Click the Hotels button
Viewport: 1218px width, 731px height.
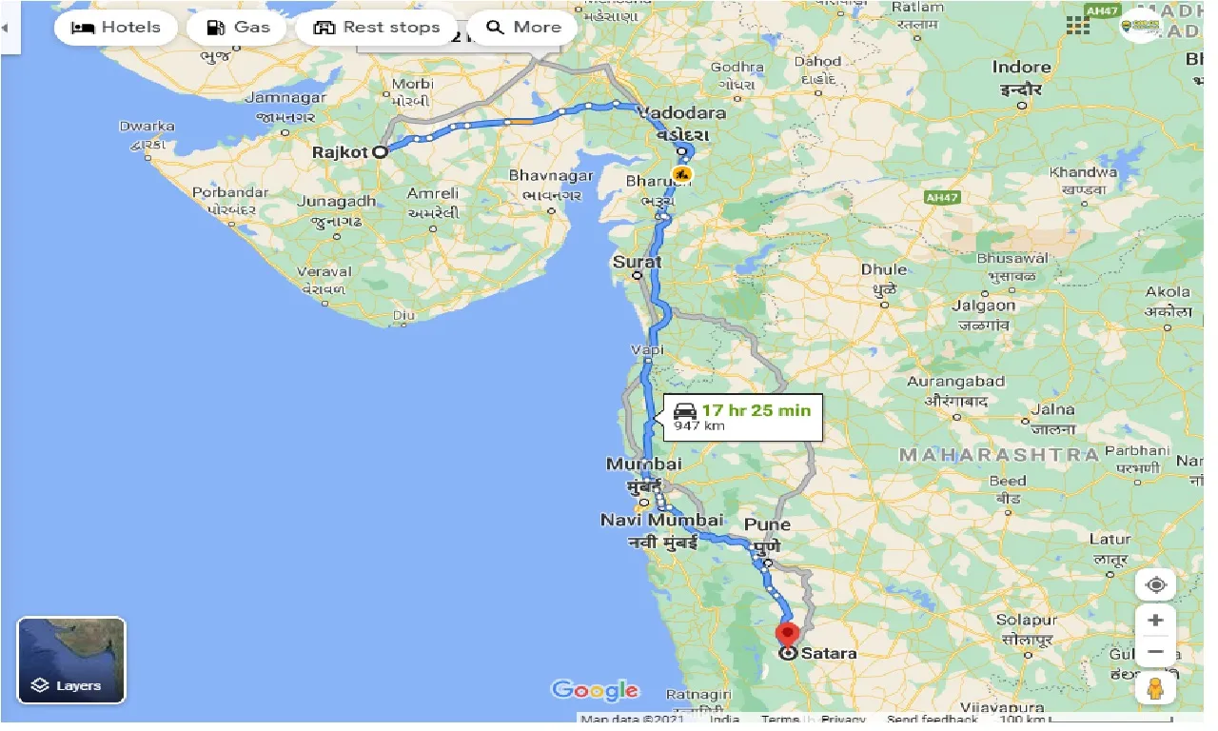coord(115,28)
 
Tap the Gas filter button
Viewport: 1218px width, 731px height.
coord(237,28)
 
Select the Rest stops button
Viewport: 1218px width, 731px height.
coord(377,28)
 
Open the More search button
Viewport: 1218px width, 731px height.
coord(523,28)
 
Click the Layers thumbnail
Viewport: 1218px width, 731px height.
coord(71,661)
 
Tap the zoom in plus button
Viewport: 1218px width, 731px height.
coord(1155,621)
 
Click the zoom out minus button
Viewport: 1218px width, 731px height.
coord(1155,652)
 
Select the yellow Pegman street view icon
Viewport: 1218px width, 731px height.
coord(1155,687)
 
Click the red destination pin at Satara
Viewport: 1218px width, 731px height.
coord(788,635)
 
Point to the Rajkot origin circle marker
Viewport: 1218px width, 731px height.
coord(380,151)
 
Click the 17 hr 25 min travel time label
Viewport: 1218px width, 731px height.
coord(756,410)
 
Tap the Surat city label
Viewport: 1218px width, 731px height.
coord(638,262)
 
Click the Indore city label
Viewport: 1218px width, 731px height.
coord(1021,68)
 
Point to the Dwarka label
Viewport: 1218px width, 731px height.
coord(147,126)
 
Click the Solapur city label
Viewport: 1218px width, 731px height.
coord(1027,620)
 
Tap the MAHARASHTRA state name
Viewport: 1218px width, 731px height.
coord(999,455)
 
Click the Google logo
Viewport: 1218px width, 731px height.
coord(595,690)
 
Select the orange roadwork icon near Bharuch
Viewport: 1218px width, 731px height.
coord(681,174)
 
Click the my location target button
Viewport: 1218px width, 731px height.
coord(1155,584)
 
